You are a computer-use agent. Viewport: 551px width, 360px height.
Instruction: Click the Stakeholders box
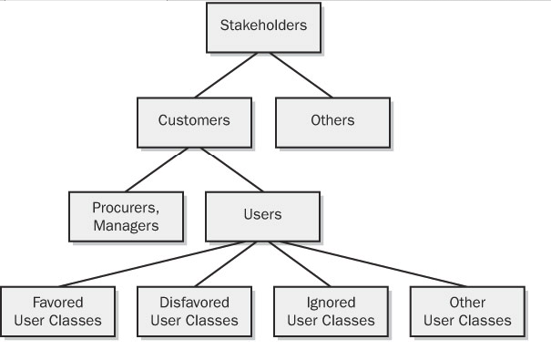point(263,26)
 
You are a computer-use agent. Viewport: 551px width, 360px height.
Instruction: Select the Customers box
point(193,120)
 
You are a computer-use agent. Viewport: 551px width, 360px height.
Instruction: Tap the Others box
point(332,120)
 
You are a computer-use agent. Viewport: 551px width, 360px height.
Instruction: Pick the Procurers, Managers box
point(126,215)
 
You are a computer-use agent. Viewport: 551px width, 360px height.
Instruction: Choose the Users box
point(263,215)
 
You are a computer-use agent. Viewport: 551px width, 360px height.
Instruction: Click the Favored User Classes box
point(57,311)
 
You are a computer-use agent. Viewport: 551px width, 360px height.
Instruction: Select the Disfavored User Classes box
point(193,311)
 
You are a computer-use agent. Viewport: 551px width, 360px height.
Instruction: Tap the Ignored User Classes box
point(330,311)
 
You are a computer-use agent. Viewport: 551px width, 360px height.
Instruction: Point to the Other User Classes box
point(467,311)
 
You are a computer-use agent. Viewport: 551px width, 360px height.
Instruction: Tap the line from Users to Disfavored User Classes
point(230,263)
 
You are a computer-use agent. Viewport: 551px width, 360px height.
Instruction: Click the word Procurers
point(126,207)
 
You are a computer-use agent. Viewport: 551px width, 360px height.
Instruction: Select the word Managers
point(126,224)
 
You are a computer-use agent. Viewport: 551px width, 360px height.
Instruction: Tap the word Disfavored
point(193,303)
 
